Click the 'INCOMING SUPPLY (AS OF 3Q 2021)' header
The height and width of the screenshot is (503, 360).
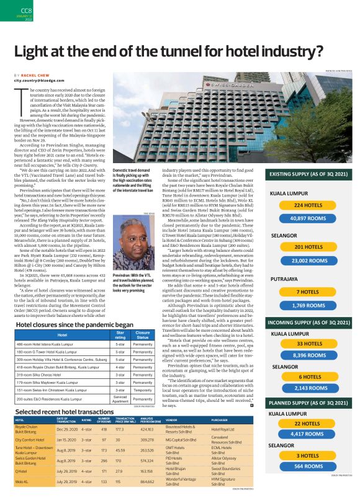(306, 322)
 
